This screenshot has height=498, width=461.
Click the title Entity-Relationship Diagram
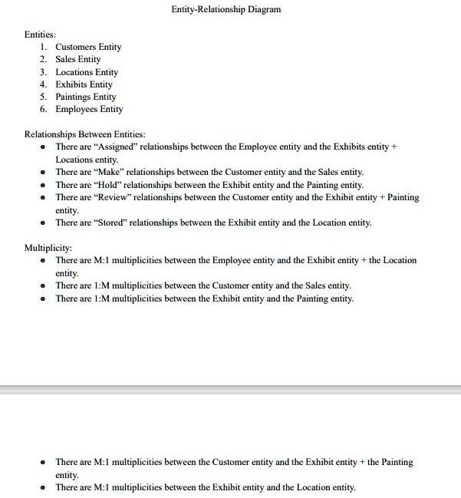pos(226,9)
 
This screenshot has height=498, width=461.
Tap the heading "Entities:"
pos(40,35)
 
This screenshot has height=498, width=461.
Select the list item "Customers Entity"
pos(88,47)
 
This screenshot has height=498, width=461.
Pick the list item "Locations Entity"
pos(87,72)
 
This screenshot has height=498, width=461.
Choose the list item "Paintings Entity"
pos(86,97)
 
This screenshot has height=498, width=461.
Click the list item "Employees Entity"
pos(89,109)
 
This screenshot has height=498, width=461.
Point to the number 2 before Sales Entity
pos(44,59)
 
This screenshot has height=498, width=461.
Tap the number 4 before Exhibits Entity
pos(44,84)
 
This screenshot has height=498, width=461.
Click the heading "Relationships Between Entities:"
pos(85,134)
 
